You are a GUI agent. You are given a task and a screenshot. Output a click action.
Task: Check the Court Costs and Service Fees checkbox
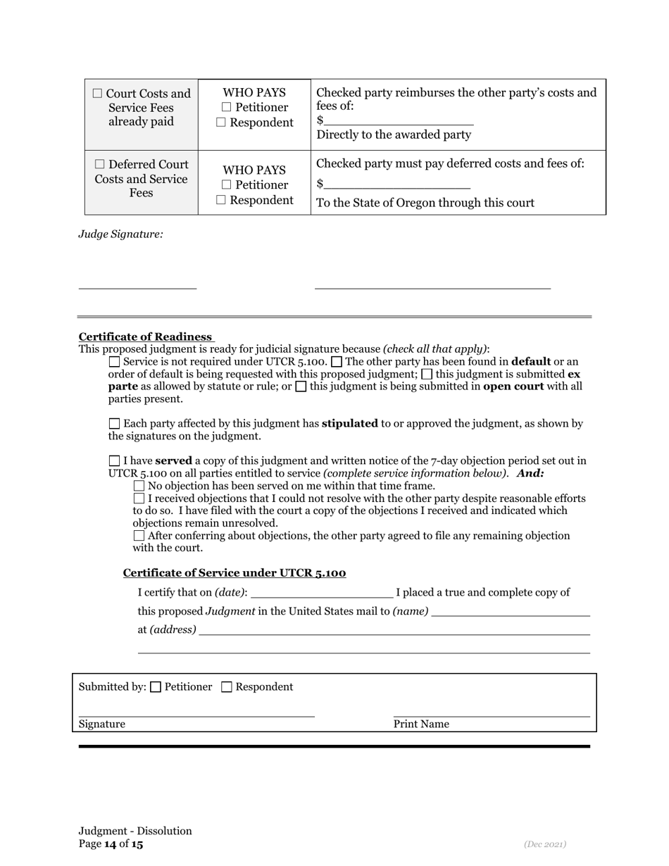(97, 94)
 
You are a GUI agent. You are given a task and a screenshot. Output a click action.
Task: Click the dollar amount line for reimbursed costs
(398, 120)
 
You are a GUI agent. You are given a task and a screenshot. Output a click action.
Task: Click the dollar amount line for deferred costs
(397, 184)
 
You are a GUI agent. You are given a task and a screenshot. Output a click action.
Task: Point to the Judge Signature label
(120, 234)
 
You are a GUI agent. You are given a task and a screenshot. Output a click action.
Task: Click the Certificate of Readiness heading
(145, 337)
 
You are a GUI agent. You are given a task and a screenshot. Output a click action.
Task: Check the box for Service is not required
(115, 362)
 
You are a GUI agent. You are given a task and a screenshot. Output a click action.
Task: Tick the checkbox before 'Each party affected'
(115, 424)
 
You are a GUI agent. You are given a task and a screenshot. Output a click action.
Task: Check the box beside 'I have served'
(115, 461)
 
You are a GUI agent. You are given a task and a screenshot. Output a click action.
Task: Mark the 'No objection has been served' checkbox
(139, 486)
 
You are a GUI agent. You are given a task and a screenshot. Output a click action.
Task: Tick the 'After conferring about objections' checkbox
(139, 536)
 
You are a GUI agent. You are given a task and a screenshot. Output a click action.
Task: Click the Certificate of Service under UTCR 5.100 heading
(235, 573)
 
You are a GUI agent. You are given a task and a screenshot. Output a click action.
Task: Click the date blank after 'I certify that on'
(321, 592)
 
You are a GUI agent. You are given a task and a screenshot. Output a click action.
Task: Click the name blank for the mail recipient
(510, 611)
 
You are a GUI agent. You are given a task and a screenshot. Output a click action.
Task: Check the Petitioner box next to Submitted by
(156, 687)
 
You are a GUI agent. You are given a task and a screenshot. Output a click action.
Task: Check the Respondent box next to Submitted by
(227, 687)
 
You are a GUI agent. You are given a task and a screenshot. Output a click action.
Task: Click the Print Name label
(421, 724)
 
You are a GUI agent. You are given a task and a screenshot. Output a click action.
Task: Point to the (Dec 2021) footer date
(544, 844)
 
